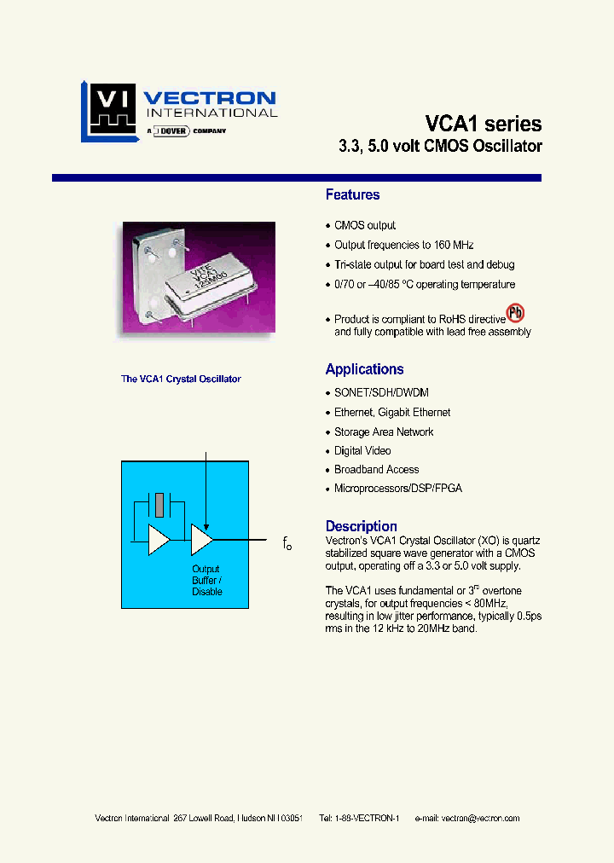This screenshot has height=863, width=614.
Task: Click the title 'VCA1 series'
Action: [x=483, y=123]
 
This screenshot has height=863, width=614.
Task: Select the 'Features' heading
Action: [x=352, y=195]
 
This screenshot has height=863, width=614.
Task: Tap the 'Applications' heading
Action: [x=364, y=369]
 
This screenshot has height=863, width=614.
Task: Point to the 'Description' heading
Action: [x=361, y=526]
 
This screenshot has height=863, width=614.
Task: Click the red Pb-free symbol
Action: [x=515, y=313]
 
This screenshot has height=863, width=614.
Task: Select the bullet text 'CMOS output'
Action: [x=364, y=226]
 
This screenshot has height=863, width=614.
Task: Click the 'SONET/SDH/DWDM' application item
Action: [x=380, y=393]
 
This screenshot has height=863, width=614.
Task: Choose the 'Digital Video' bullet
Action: [x=362, y=450]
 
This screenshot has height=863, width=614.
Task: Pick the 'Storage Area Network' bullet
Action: [x=384, y=431]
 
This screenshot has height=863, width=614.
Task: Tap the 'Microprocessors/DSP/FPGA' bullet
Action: [x=397, y=489]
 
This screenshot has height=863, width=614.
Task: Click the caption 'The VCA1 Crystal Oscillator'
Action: [x=181, y=379]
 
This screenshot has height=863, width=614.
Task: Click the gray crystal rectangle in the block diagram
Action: [x=159, y=504]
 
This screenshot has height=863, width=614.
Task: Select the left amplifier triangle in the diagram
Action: [x=159, y=540]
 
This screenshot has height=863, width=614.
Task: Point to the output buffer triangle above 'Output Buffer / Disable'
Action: [x=201, y=540]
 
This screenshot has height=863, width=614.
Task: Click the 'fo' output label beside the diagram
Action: [x=287, y=543]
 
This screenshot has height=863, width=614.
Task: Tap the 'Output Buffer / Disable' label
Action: [x=206, y=580]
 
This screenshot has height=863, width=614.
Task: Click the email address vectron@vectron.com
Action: [x=479, y=818]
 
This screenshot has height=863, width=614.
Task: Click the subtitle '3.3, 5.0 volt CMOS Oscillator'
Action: [x=441, y=146]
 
